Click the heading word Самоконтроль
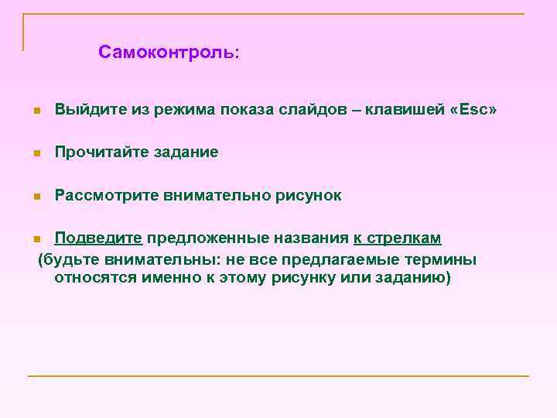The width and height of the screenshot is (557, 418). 168,53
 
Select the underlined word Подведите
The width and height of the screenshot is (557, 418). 98,238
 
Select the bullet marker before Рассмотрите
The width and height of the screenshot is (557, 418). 36,197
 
